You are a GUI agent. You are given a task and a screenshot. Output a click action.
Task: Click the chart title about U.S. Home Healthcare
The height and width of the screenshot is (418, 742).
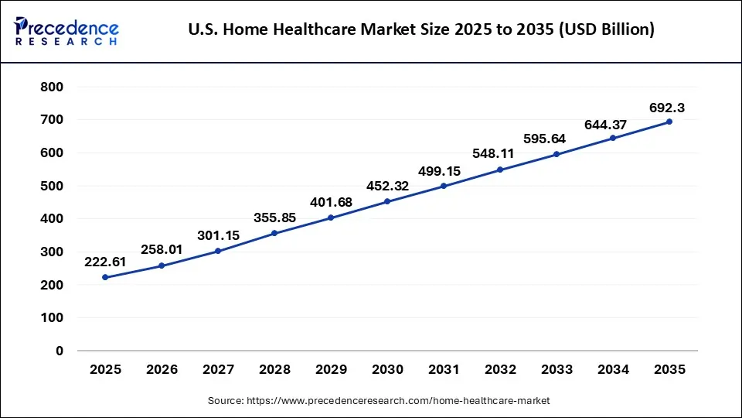pyautogui.click(x=421, y=30)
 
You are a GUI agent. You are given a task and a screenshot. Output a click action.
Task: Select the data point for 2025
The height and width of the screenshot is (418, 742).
pyautogui.click(x=105, y=277)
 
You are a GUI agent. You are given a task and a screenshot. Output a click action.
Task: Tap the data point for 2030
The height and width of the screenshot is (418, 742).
pyautogui.click(x=387, y=201)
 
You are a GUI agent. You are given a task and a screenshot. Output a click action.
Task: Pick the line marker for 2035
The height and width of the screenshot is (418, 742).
pyautogui.click(x=669, y=122)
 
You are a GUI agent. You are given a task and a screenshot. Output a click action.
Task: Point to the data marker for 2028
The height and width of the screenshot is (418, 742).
pyautogui.click(x=274, y=233)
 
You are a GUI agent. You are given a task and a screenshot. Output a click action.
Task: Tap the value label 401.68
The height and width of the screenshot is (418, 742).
pyautogui.click(x=331, y=201)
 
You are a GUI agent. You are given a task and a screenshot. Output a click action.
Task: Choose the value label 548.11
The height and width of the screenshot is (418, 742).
pyautogui.click(x=500, y=153)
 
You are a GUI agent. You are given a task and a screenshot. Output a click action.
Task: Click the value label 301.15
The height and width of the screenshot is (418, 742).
pyautogui.click(x=218, y=235)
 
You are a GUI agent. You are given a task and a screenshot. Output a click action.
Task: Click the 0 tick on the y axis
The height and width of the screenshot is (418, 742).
pyautogui.click(x=60, y=351)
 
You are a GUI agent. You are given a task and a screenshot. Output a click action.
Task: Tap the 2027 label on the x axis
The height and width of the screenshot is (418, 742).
pyautogui.click(x=218, y=370)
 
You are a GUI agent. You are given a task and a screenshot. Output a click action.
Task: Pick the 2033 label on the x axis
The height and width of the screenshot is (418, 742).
pyautogui.click(x=556, y=370)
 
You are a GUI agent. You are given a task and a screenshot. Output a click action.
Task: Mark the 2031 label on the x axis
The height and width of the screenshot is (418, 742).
pyautogui.click(x=444, y=370)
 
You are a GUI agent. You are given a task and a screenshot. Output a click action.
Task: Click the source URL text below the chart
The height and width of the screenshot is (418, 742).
pyautogui.click(x=379, y=400)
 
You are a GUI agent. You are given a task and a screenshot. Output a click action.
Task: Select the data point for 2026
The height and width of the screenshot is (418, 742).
pyautogui.click(x=162, y=266)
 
